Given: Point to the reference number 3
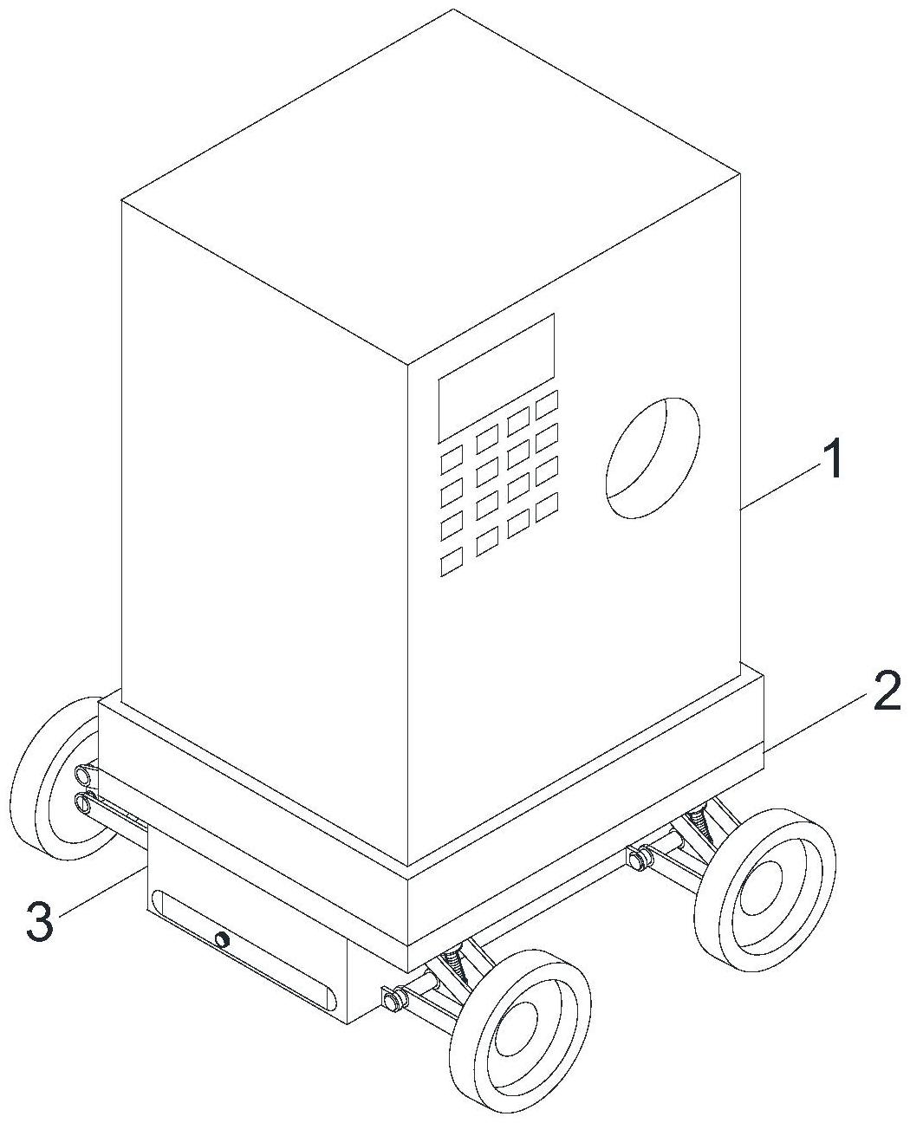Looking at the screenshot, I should (40, 922).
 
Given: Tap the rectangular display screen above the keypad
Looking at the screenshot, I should (496, 378).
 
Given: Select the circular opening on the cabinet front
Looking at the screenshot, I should (652, 458).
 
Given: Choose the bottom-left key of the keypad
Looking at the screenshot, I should (452, 563).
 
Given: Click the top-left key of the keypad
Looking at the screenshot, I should (452, 459).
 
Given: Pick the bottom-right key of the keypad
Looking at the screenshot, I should (546, 508).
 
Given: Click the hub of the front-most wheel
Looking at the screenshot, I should (520, 1028).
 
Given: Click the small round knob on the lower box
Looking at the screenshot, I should (223, 939).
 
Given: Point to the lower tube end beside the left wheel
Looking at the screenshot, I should (85, 802).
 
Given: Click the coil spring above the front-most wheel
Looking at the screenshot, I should (452, 964).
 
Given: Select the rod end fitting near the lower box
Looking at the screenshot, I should (393, 999).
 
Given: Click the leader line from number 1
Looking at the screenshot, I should (780, 488).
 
